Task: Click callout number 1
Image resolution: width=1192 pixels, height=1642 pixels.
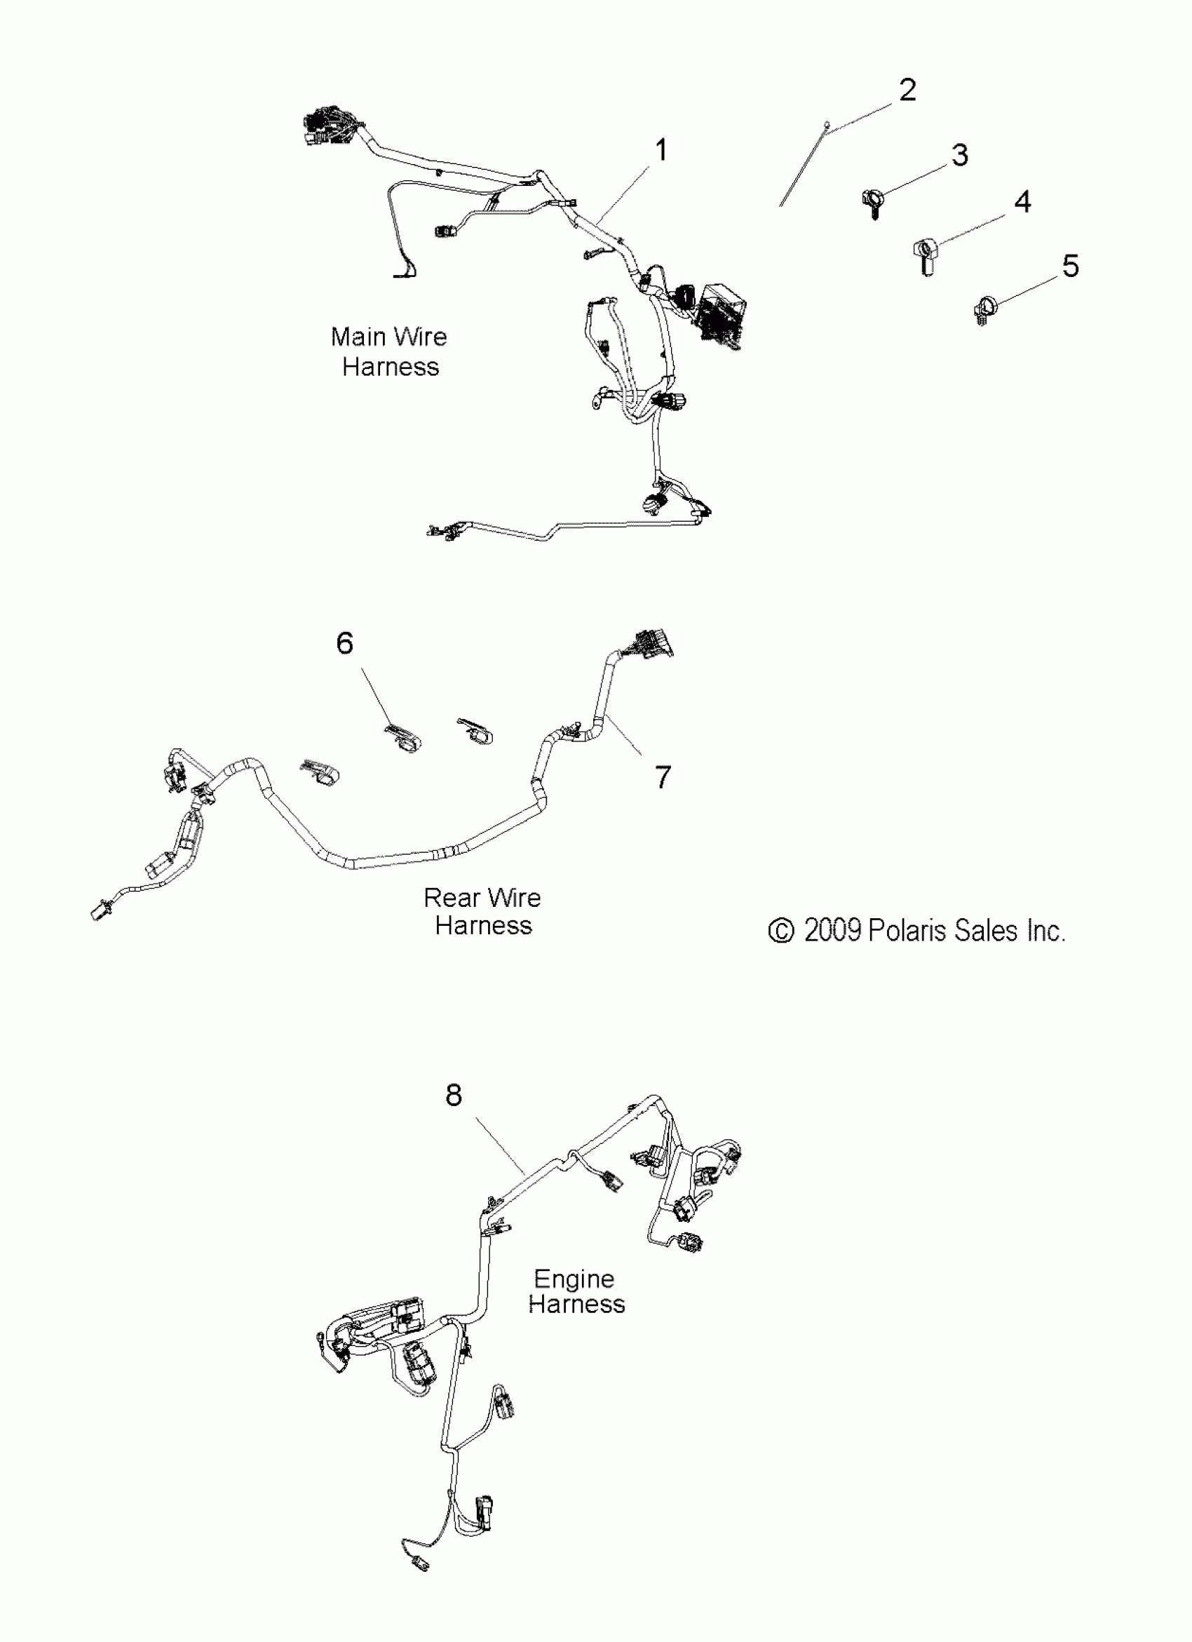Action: [x=660, y=152]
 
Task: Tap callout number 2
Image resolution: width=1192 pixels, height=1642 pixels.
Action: [x=907, y=90]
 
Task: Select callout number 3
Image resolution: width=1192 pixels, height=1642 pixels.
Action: [x=959, y=156]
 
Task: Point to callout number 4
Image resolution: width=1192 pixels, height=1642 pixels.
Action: [x=1022, y=202]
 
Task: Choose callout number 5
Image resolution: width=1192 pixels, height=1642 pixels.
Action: [x=1071, y=267]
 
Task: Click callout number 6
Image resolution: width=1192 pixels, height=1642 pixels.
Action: [x=344, y=643]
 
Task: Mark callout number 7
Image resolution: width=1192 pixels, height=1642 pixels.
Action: [x=662, y=777]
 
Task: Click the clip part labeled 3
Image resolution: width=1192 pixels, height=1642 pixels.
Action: [x=874, y=201]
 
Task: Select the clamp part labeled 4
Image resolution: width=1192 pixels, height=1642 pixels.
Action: [x=926, y=255]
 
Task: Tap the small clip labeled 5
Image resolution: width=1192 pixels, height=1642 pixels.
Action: [x=983, y=310]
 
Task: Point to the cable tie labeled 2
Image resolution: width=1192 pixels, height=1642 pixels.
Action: [x=804, y=166]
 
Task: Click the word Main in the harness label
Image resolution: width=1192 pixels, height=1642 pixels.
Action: [x=358, y=337]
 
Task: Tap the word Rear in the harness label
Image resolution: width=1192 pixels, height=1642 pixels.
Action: [x=452, y=898]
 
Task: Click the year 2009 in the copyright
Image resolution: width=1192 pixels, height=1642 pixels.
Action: [x=832, y=930]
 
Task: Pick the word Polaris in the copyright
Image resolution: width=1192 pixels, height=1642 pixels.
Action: [x=907, y=930]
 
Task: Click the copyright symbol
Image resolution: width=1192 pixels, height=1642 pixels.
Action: [x=781, y=931]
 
